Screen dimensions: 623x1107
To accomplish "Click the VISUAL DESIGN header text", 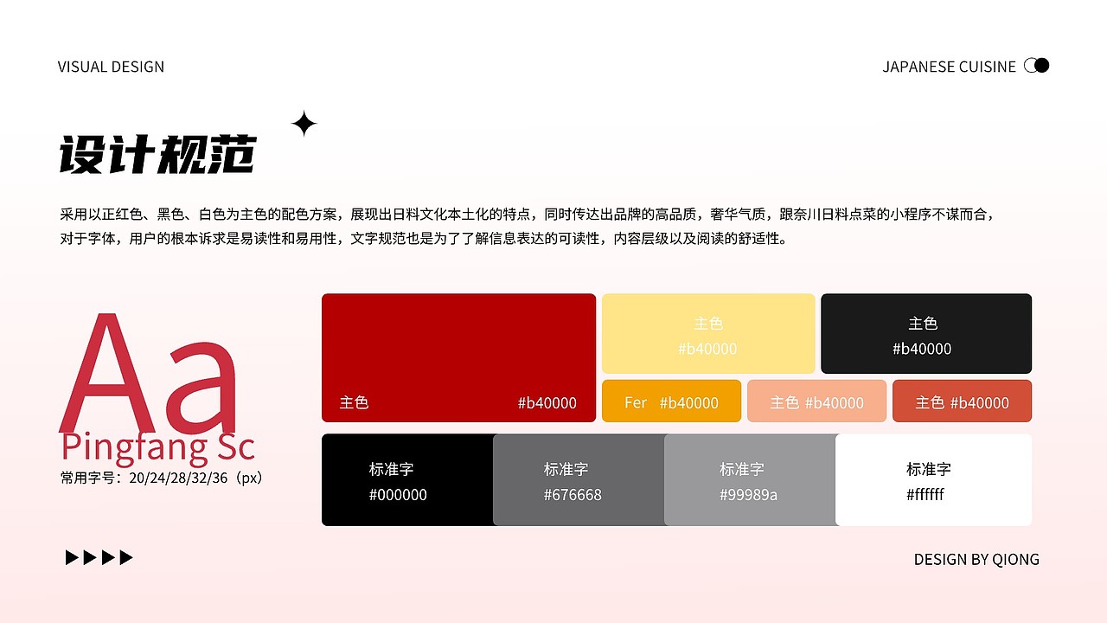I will click(x=111, y=67).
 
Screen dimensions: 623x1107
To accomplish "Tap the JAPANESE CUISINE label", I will click(x=949, y=67).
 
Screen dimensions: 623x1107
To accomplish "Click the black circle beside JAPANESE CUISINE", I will click(x=1042, y=65).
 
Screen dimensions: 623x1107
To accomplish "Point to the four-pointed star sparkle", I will click(x=304, y=125).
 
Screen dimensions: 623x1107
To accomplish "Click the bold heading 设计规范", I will click(x=157, y=156).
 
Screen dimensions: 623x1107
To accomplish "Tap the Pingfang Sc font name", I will click(x=157, y=447).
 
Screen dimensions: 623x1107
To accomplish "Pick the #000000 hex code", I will click(x=398, y=495).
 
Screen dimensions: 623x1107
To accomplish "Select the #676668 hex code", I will click(x=573, y=495).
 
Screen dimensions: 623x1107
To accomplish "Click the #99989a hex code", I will click(x=748, y=495).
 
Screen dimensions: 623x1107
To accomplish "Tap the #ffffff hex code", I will click(x=925, y=495).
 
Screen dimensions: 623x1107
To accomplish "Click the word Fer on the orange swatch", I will click(x=636, y=402).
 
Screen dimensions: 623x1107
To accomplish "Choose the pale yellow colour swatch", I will click(x=708, y=334).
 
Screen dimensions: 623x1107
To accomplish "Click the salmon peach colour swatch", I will click(x=816, y=401).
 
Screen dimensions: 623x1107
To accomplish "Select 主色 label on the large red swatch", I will click(x=355, y=402).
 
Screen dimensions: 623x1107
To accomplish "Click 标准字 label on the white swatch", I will click(x=929, y=469).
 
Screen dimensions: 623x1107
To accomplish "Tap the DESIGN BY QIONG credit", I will click(x=976, y=560).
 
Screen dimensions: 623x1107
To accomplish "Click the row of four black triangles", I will click(x=99, y=558).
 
